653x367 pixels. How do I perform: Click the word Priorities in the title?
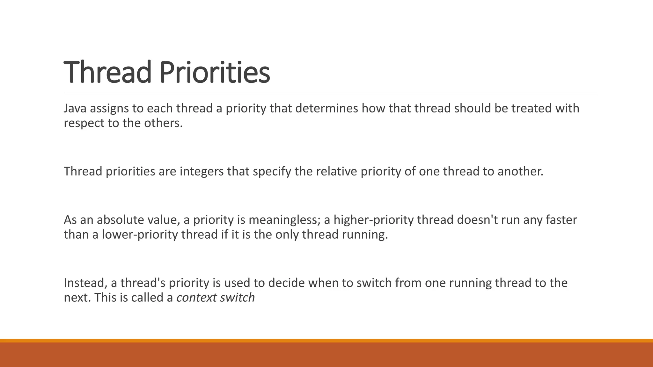215,72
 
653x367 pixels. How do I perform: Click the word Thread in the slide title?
107,72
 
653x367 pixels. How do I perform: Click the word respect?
84,123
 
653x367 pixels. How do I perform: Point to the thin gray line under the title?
331,93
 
